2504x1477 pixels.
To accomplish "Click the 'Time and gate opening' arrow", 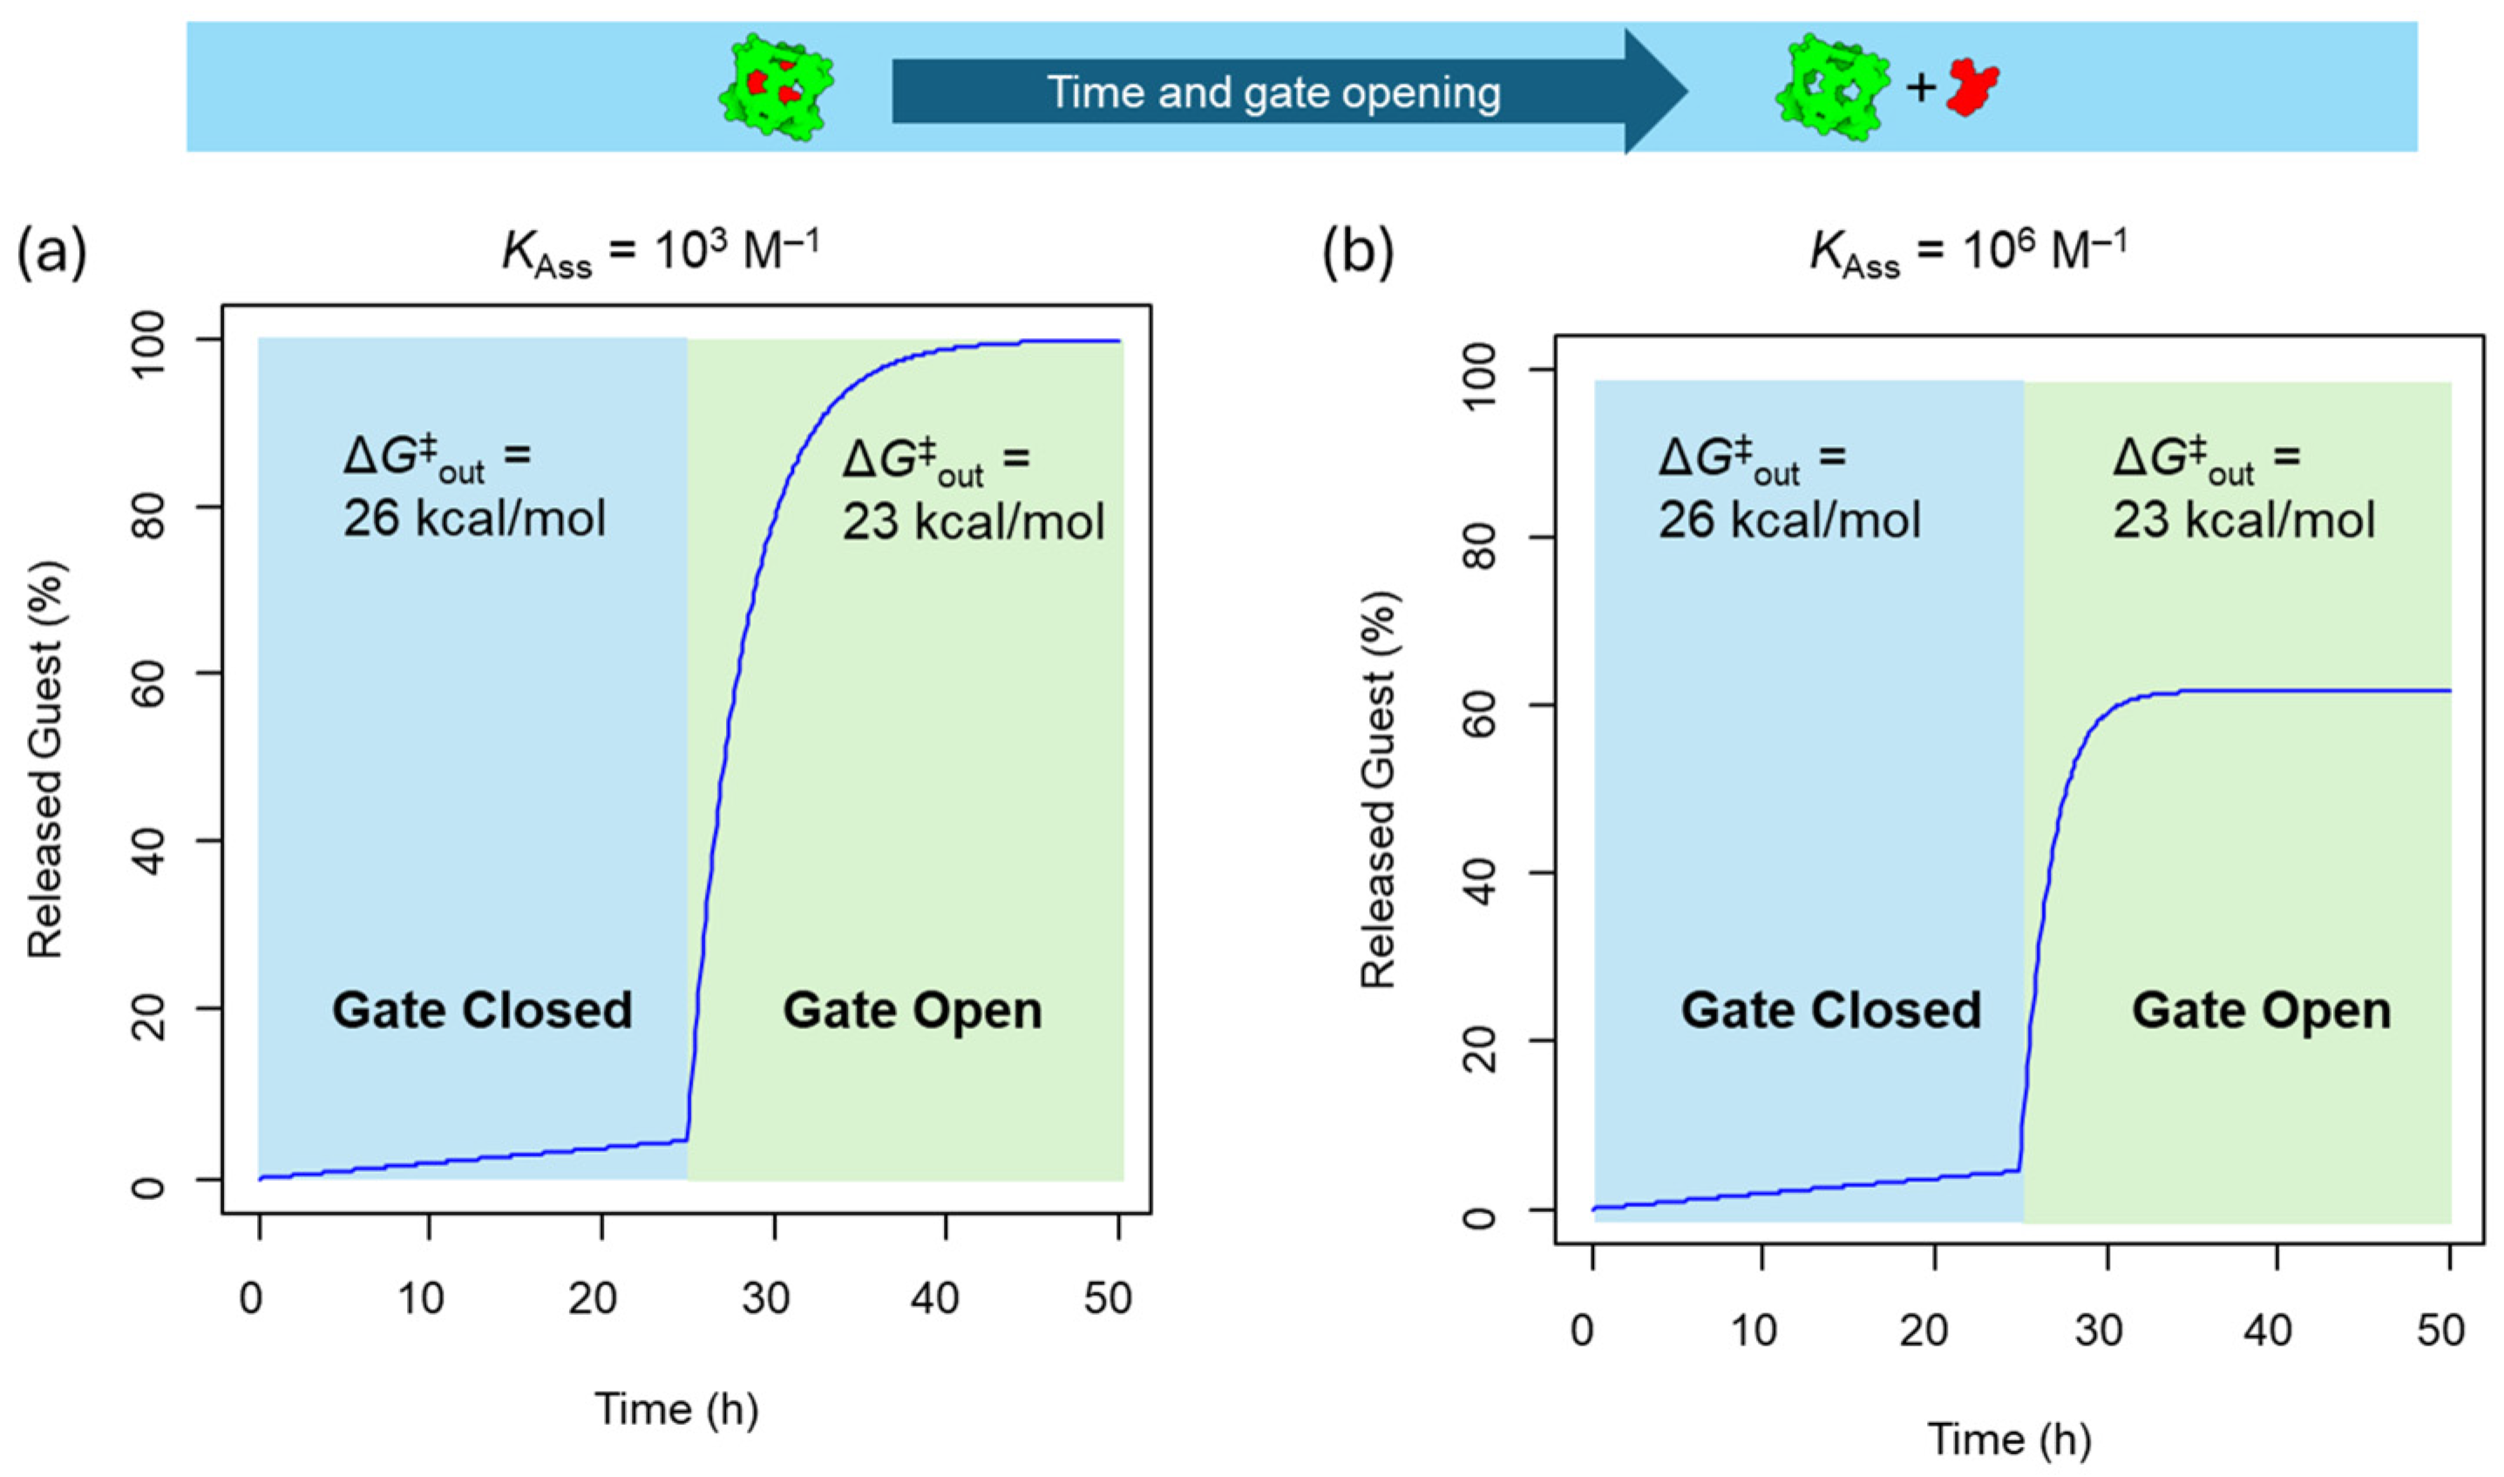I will tap(1274, 91).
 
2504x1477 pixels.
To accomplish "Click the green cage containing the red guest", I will tap(777, 88).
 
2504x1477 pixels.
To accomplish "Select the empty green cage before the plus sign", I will tap(1831, 88).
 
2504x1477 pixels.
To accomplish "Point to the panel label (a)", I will tap(51, 253).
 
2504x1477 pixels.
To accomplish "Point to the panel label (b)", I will tap(1358, 253).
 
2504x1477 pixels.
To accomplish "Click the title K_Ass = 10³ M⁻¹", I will tap(661, 253).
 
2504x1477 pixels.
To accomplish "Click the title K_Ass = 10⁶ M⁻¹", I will tap(1969, 253).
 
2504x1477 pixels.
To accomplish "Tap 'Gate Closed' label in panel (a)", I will tap(482, 1010).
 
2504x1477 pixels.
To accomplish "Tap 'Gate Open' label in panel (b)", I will tap(2261, 1010).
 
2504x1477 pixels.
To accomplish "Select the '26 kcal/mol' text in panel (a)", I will tap(475, 518).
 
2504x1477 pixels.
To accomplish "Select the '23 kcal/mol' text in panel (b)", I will tap(2244, 520).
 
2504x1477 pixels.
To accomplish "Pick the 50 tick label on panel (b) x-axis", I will tap(2440, 1331).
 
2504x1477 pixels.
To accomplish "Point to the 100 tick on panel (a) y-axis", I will tap(148, 341).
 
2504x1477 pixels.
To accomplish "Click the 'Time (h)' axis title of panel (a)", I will tap(676, 1409).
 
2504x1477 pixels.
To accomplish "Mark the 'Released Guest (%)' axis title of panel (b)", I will tap(1380, 789).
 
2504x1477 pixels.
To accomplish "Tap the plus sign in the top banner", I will tap(1921, 89).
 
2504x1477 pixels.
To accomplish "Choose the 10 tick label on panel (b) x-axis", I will tap(1754, 1331).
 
